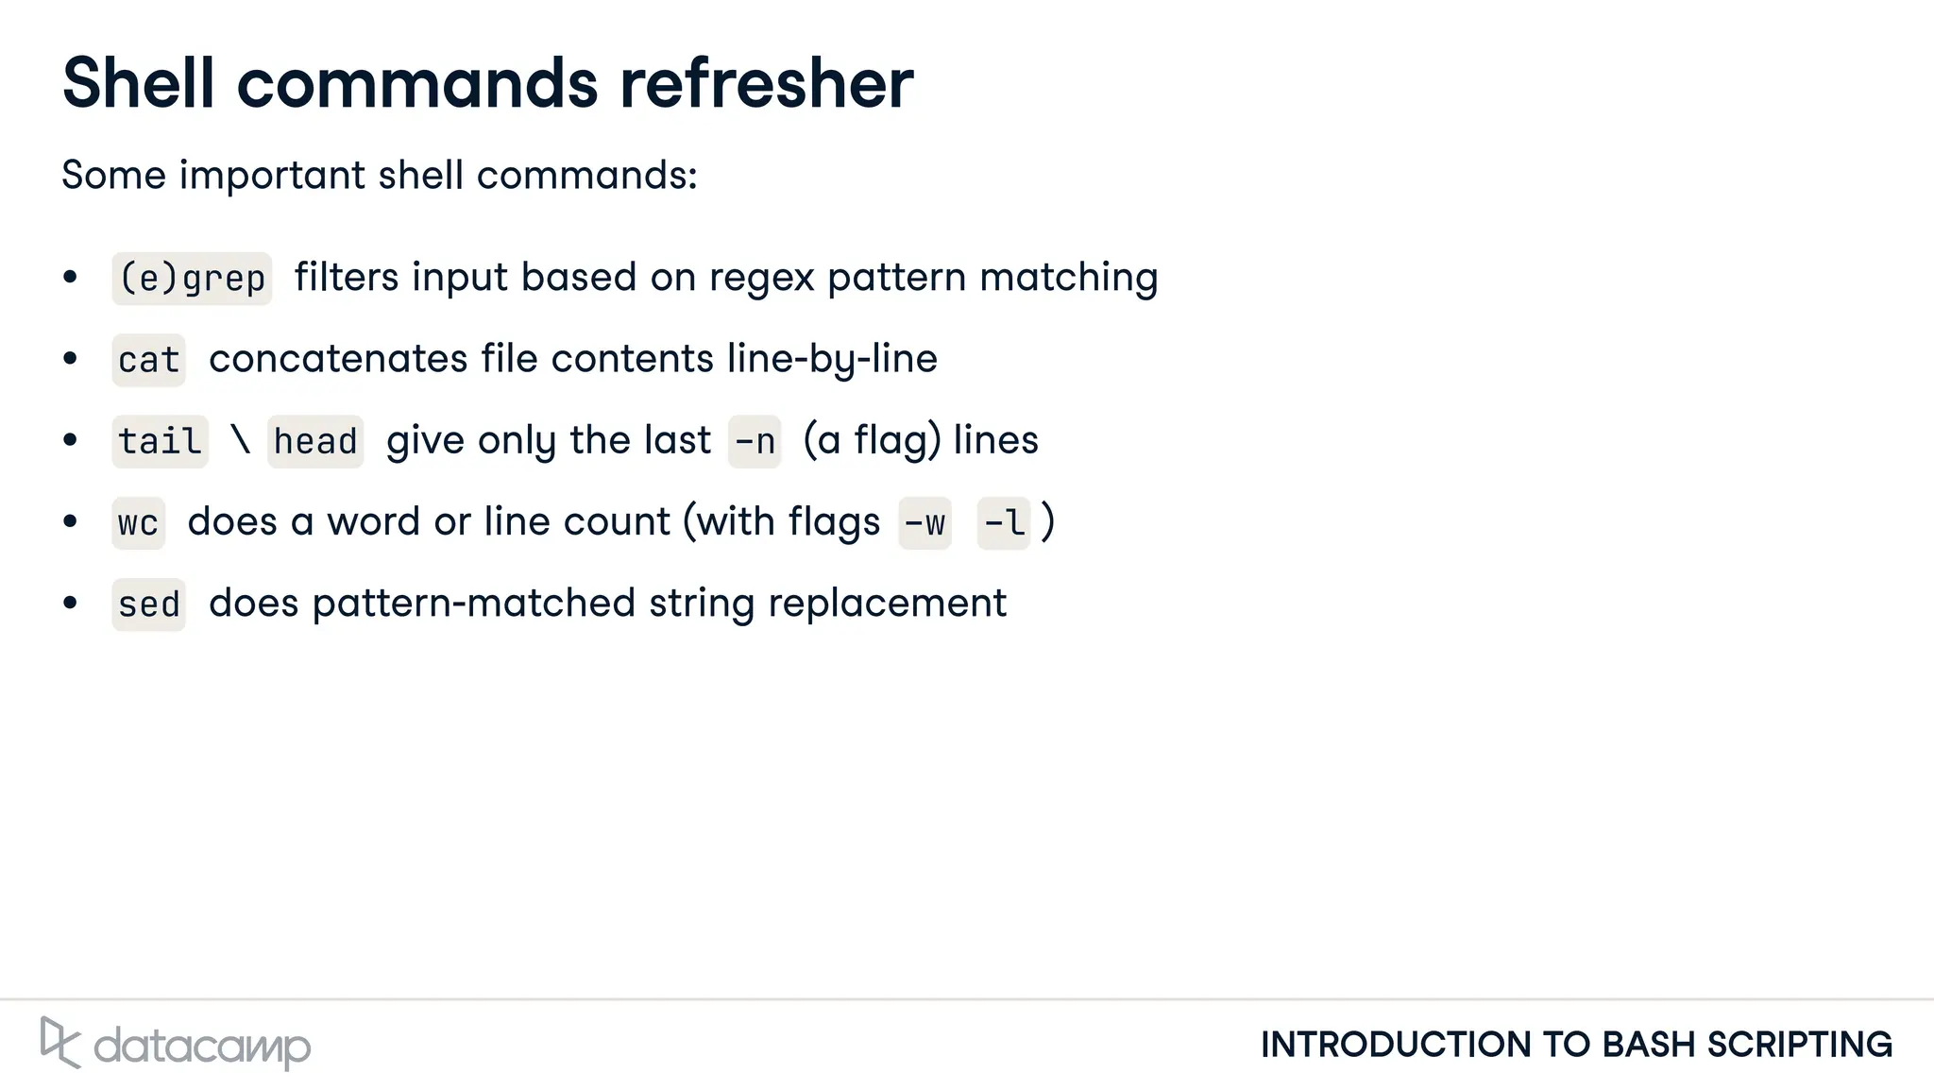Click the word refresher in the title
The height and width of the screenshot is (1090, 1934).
(766, 83)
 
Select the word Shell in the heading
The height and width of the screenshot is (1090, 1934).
(139, 83)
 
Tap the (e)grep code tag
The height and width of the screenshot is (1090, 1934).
(192, 279)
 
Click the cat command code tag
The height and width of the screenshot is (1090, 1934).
(148, 360)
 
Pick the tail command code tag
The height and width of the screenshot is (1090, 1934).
(160, 441)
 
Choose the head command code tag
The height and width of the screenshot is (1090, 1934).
(315, 441)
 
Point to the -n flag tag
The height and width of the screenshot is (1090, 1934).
(755, 441)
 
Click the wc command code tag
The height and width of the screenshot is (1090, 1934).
(138, 523)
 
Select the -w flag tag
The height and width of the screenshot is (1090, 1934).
(925, 523)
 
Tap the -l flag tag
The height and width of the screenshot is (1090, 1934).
(1003, 523)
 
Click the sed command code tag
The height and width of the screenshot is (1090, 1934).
(148, 605)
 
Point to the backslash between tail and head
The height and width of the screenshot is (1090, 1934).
(241, 440)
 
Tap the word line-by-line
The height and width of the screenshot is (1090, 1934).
(832, 360)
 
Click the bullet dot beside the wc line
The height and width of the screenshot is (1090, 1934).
(70, 521)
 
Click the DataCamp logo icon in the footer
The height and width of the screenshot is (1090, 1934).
(59, 1043)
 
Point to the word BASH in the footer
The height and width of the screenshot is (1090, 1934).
(1649, 1045)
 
